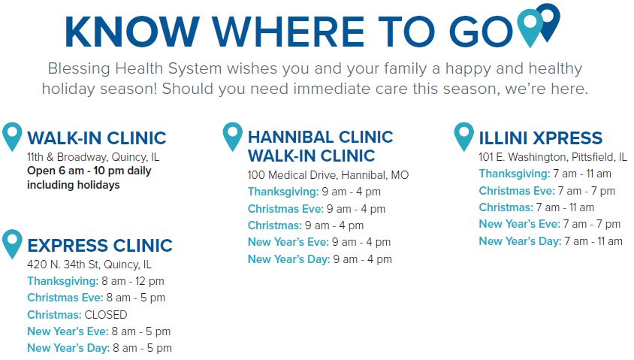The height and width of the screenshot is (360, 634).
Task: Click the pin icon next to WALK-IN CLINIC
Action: pos(12,136)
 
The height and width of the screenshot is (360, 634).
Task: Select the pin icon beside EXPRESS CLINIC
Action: pos(12,244)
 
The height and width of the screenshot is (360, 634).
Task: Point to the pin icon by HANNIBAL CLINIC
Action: pos(233,136)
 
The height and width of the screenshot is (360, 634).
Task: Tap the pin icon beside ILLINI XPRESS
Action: pos(463,136)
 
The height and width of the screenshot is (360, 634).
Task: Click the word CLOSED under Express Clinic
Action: pos(105,314)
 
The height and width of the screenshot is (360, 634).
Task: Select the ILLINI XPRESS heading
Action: pos(541,138)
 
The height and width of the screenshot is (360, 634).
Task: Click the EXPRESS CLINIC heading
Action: pos(100,246)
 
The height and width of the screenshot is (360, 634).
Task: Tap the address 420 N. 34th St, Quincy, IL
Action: pos(89,265)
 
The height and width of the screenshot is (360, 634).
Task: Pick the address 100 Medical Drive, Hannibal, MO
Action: pos(328,175)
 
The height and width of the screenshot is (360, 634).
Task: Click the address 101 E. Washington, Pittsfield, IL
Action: pos(553,157)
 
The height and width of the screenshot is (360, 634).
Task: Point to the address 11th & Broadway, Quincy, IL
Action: pos(93,157)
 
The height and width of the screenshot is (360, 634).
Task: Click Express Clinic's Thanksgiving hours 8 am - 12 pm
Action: pos(133,281)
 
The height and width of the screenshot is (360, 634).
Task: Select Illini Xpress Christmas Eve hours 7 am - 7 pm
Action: pos(586,191)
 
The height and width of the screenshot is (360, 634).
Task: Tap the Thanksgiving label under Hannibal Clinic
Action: pos(283,192)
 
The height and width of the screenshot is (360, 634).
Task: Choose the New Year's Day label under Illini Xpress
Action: pos(520,241)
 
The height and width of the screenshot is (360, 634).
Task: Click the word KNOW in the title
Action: pos(132,31)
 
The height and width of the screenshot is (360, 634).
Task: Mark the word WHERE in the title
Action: pos(289,31)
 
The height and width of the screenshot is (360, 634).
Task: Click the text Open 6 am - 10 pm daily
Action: pos(89,171)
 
